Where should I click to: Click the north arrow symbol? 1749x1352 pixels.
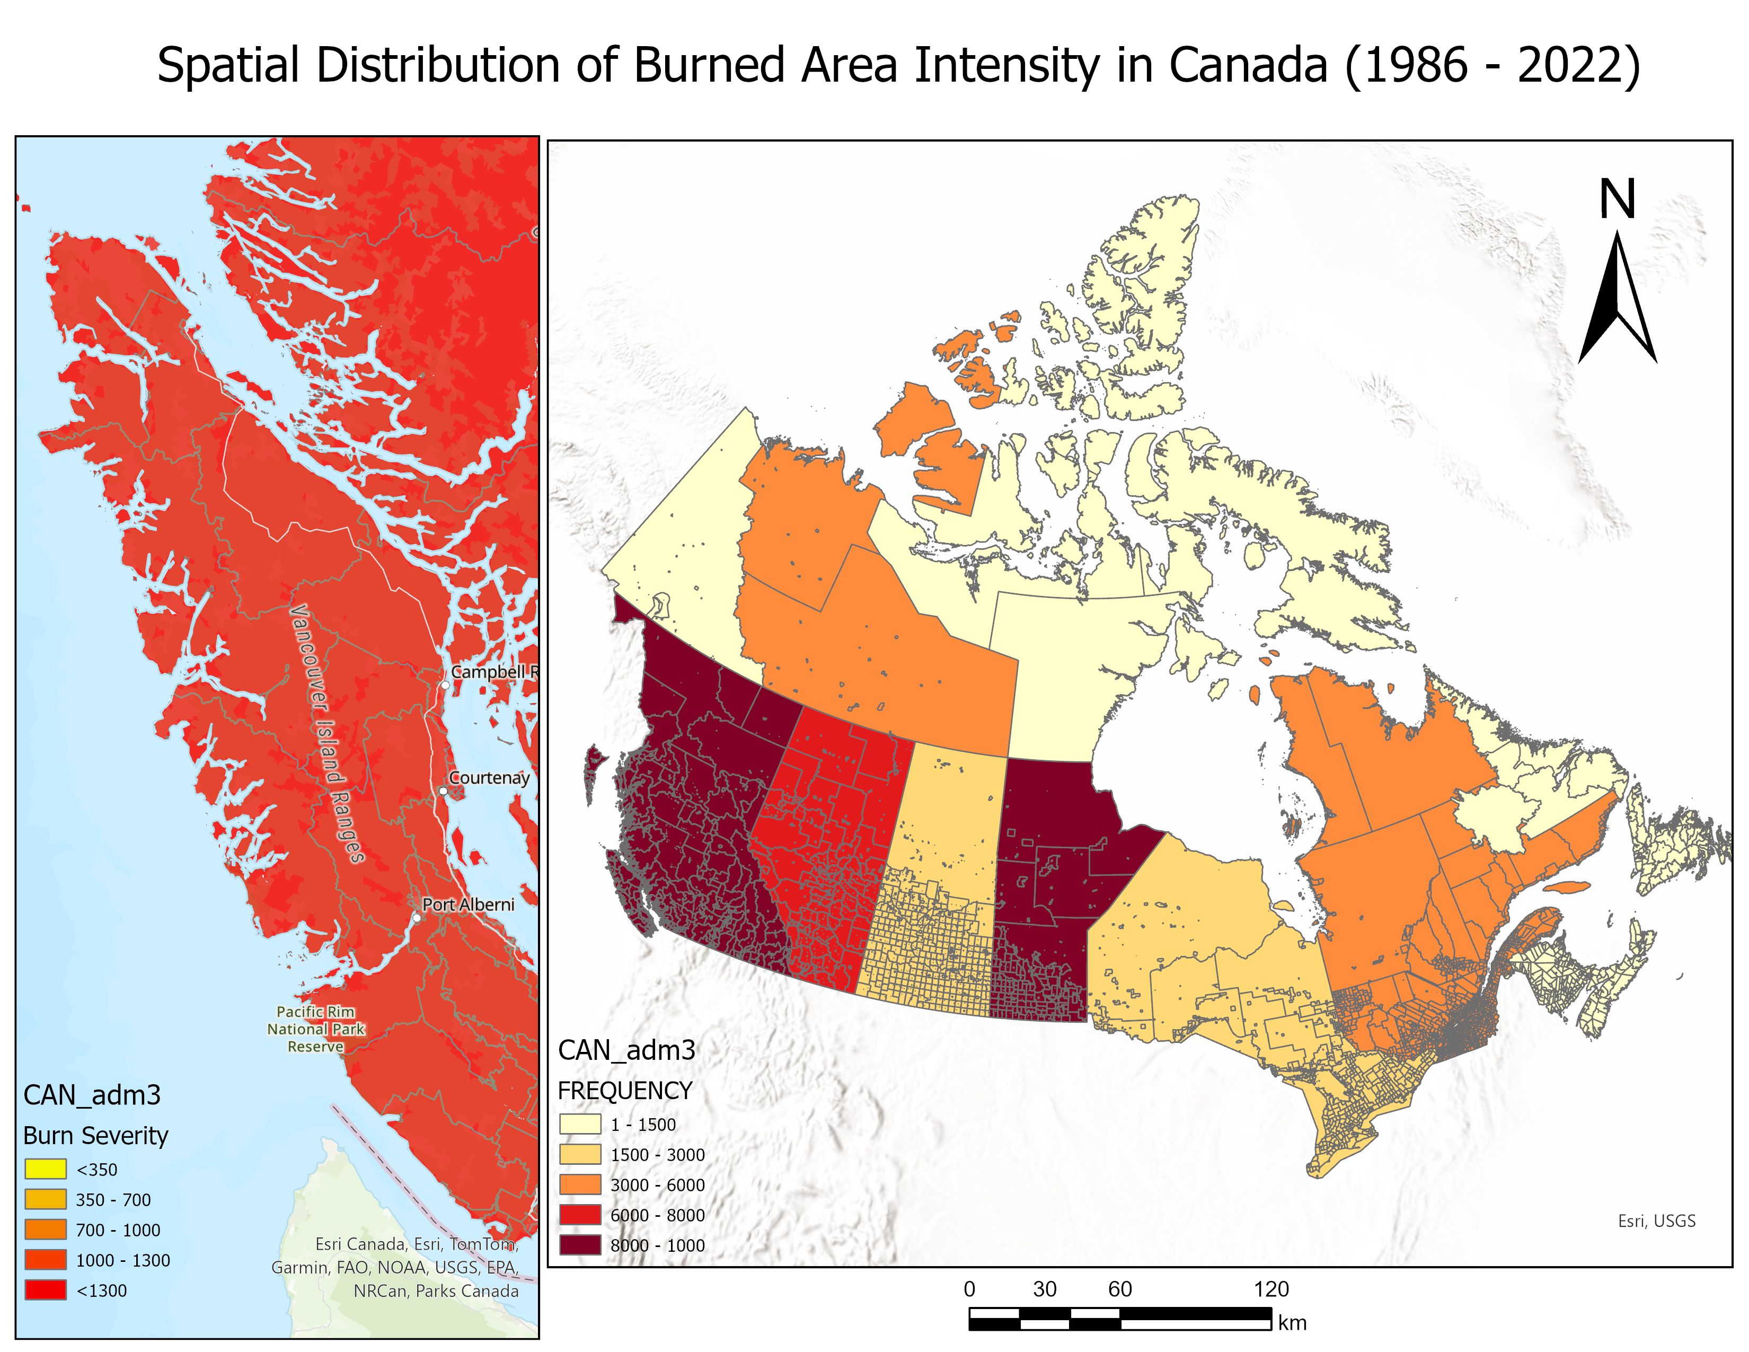[1617, 300]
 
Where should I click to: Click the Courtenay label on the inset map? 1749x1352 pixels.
[489, 778]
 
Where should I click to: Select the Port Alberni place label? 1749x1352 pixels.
[469, 905]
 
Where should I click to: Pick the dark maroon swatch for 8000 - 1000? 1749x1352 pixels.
[580, 1245]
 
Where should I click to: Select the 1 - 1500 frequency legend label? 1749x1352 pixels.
[643, 1125]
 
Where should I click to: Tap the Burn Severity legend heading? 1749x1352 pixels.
[95, 1135]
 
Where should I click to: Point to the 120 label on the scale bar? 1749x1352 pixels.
[1271, 1289]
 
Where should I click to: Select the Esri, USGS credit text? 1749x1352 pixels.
[1656, 1221]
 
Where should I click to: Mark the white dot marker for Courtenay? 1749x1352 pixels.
[443, 792]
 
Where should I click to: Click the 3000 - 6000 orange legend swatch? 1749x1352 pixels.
[580, 1184]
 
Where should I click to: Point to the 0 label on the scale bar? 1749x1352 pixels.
[969, 1289]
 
